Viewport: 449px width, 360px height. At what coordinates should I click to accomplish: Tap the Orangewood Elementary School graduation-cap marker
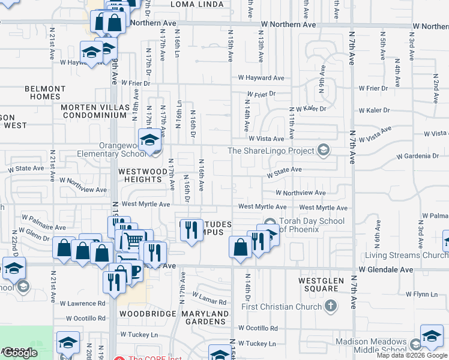[x=148, y=140]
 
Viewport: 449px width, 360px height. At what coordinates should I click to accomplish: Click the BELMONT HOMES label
[x=45, y=92]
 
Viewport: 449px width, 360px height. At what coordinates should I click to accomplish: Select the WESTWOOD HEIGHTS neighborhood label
[x=142, y=175]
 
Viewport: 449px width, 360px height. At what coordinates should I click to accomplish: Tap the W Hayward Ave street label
[x=261, y=78]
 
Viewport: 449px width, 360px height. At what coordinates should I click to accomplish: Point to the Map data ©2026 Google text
[x=412, y=355]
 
